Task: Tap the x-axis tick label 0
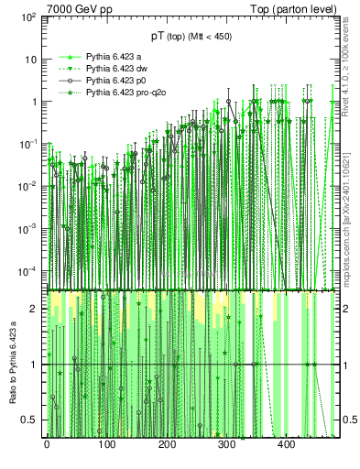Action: click(x=47, y=444)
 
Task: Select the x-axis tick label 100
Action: click(x=106, y=444)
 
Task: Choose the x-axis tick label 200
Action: click(x=167, y=444)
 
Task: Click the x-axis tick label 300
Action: click(x=226, y=444)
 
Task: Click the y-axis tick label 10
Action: click(x=31, y=60)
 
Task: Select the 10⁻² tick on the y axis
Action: click(x=27, y=186)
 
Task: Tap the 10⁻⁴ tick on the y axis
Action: click(x=27, y=270)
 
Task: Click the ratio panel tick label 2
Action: click(x=35, y=309)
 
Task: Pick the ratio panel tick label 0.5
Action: click(x=30, y=420)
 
